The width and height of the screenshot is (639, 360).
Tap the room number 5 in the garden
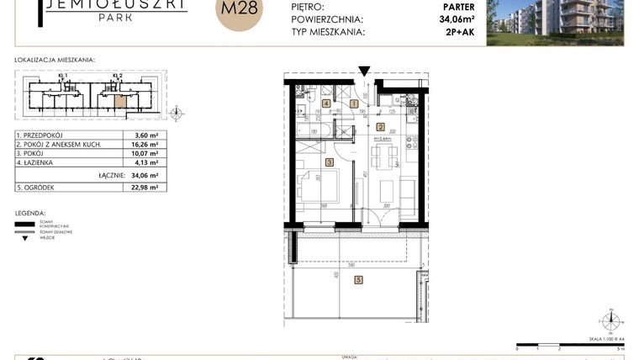click(358, 280)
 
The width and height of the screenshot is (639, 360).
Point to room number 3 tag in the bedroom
click(330, 162)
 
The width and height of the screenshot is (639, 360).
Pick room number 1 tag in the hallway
click(342, 103)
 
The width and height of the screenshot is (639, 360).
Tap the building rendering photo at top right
click(558, 21)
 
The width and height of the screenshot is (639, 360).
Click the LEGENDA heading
click(31, 214)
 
